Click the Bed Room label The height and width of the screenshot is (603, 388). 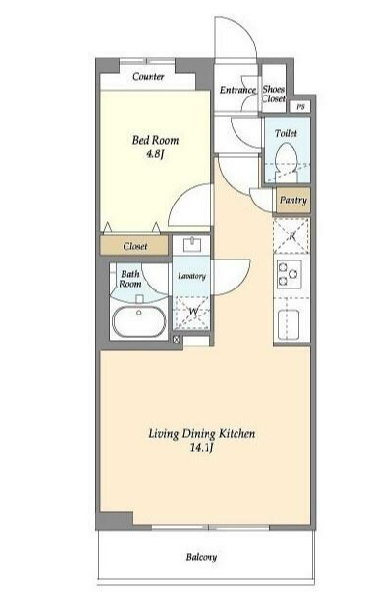155,140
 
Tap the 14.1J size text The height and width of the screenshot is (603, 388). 202,448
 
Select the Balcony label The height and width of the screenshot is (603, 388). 202,557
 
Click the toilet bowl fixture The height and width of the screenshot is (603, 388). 287,161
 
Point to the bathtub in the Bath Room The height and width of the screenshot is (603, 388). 139,321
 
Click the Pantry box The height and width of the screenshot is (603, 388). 293,200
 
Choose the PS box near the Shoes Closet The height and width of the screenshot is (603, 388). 301,106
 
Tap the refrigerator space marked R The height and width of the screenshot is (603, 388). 291,235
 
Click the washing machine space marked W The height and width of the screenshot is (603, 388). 192,313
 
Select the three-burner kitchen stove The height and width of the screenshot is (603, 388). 288,275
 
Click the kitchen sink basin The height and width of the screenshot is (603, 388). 288,324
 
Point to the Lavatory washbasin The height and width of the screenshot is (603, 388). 191,245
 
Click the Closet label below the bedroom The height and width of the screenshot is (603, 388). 134,246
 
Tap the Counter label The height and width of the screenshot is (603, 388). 149,76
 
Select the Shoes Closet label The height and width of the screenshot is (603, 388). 274,94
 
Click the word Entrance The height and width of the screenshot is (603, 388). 238,90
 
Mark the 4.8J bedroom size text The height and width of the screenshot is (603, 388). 155,153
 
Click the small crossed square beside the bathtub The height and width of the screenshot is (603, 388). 177,340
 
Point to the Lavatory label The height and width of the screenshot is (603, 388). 191,276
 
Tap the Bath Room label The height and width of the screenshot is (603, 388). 130,279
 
